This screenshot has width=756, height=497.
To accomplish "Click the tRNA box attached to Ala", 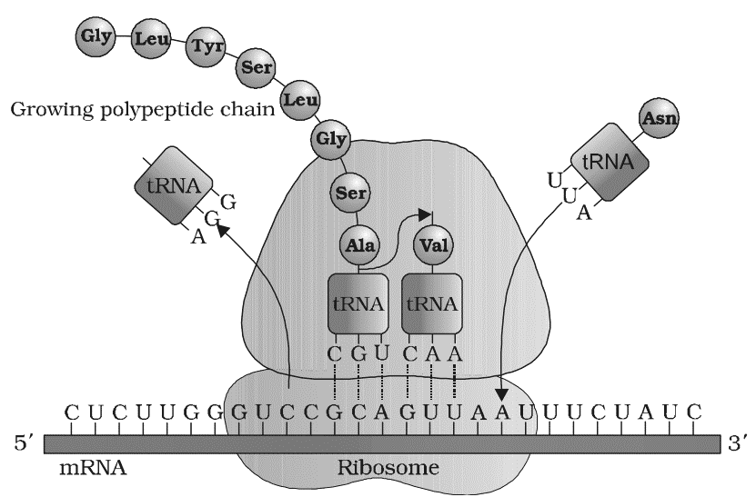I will tap(359, 303).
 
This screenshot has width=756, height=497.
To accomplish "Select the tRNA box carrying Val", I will tap(431, 303).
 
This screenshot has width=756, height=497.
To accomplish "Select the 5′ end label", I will tap(22, 444).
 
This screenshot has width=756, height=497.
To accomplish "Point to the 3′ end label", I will tap(736, 444).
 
